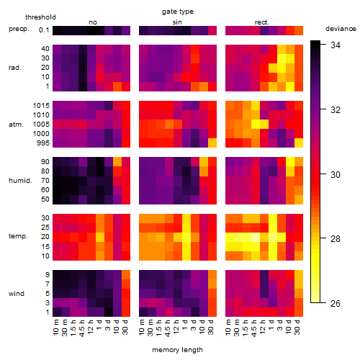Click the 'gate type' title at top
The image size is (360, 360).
point(178,12)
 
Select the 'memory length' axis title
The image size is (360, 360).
point(178,350)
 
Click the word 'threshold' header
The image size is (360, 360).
point(40,17)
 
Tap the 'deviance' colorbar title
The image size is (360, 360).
point(341,29)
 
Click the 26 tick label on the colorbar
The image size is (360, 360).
point(336,303)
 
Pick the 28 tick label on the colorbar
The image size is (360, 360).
point(336,239)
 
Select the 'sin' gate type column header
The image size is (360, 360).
point(177,22)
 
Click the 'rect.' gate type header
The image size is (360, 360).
point(262,22)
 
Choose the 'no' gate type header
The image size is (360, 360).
point(93,22)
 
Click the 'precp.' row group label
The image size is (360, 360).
point(19,29)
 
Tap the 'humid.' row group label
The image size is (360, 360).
point(20,181)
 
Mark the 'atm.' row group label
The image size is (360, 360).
point(16,125)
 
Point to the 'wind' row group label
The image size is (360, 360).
point(17,294)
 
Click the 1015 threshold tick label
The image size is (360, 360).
point(41,106)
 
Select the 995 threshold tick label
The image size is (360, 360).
point(43,143)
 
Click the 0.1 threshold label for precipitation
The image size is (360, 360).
point(44,30)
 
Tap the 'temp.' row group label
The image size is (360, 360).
point(18,236)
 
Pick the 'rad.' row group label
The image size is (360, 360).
point(15,68)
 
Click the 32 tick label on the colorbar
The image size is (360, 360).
point(336,109)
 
